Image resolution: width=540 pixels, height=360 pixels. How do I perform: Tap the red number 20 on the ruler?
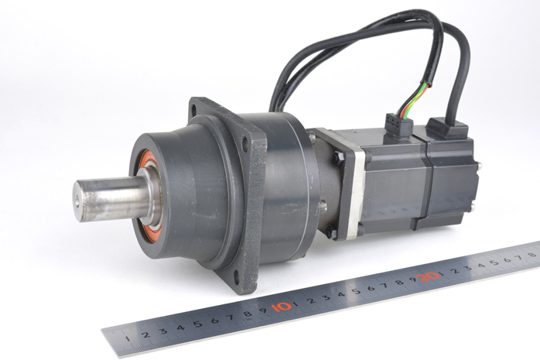[x=427, y=276]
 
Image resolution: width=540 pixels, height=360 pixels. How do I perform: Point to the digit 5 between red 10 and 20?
[x=356, y=291]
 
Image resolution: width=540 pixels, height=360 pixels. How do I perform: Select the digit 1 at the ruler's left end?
[x=128, y=338]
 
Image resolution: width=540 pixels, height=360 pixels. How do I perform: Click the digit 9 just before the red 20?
[x=413, y=279]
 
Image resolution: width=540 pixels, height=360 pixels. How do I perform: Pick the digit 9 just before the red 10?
[x=264, y=310]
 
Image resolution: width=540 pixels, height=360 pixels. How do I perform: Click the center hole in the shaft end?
[x=77, y=204]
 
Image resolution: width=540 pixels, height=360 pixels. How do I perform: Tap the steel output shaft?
[x=110, y=200]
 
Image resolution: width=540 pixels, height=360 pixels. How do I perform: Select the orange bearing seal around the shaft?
[x=146, y=197]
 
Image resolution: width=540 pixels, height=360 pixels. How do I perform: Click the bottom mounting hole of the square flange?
[x=236, y=275]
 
